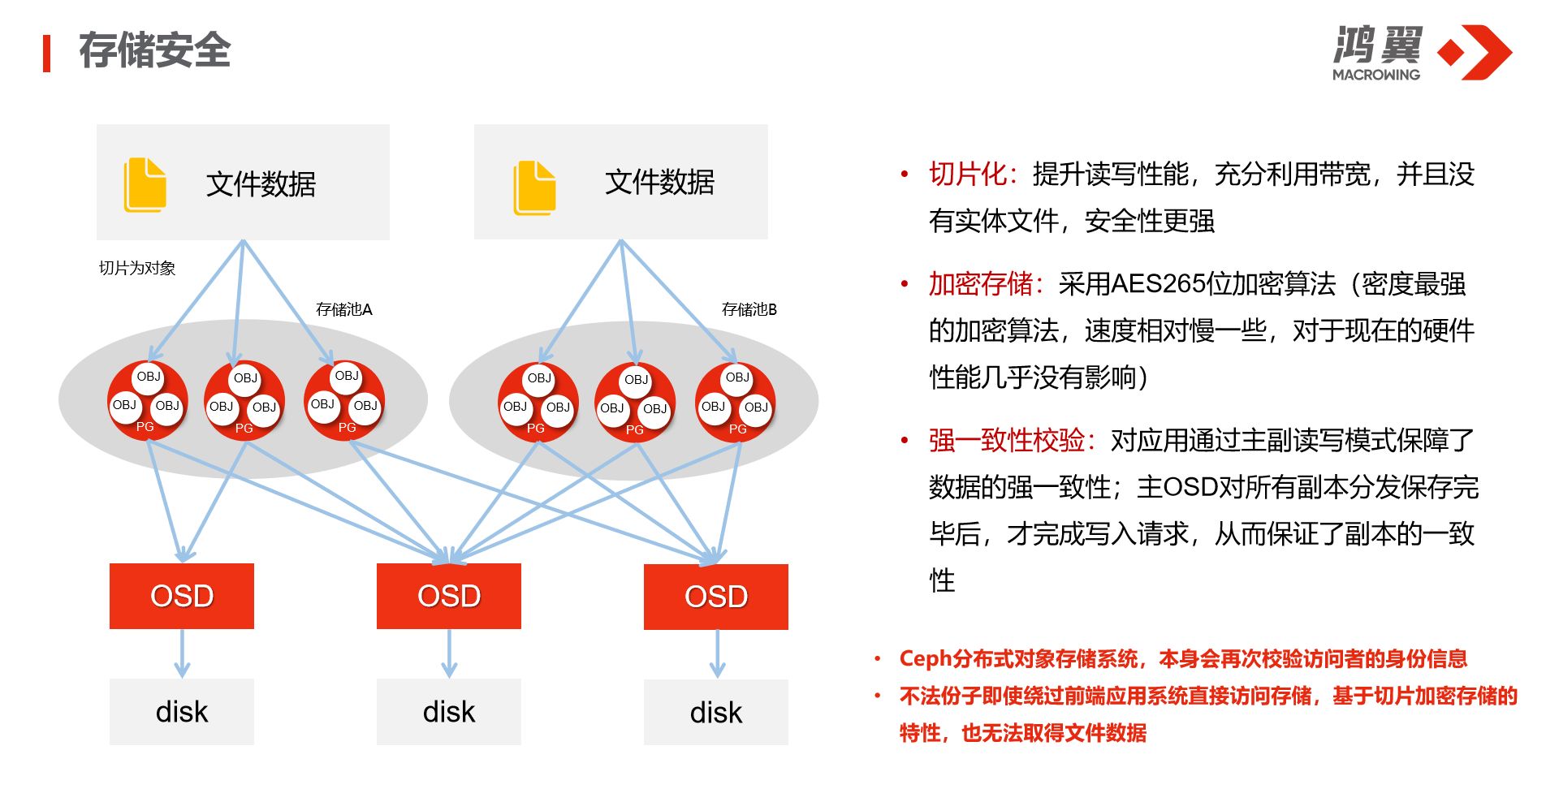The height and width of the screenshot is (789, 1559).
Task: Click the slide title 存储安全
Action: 154,51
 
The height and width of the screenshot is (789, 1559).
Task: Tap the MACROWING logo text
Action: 1375,75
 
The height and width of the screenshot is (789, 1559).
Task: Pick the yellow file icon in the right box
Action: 534,188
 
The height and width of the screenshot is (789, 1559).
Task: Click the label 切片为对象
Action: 137,268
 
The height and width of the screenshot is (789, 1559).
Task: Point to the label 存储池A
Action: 343,309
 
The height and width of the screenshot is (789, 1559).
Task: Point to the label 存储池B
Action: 749,309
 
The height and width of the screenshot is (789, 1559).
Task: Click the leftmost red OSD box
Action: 182,596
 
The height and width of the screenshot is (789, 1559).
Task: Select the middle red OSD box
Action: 449,596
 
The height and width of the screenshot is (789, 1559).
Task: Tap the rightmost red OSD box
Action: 716,597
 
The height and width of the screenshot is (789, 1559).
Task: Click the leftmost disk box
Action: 182,712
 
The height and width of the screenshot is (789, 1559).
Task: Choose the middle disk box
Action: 449,712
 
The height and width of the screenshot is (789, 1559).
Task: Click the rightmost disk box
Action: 716,713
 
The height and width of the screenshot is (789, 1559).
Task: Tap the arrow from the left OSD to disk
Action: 182,653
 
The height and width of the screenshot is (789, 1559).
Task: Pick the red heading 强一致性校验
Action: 1007,440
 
